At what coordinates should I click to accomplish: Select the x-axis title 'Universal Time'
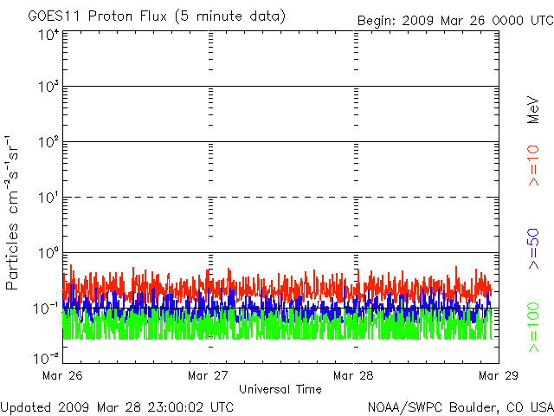tap(280, 389)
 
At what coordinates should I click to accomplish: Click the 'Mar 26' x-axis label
tap(62, 375)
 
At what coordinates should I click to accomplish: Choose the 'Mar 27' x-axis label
tap(208, 375)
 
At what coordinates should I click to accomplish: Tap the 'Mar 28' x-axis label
tap(353, 375)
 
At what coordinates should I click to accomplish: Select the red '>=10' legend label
tap(534, 166)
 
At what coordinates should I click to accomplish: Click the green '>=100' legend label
tap(534, 328)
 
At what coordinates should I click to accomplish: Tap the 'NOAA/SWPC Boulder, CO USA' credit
tap(460, 406)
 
